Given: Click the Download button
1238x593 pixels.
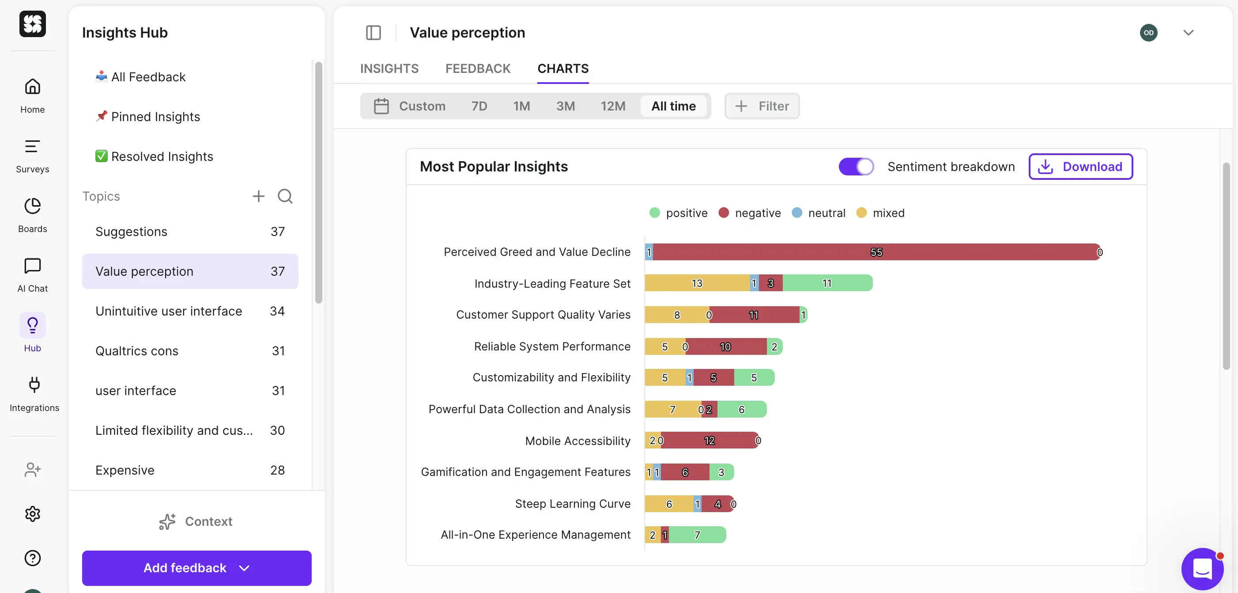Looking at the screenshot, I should click(1080, 167).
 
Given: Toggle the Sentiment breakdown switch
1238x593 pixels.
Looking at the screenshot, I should click(856, 167).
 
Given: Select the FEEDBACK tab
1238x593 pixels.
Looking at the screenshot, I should click(478, 68).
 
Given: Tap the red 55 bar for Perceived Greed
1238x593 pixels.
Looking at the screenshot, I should click(876, 252).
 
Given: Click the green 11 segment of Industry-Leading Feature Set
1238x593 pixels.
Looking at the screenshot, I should click(827, 283).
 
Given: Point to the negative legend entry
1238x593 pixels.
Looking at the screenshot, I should click(750, 213).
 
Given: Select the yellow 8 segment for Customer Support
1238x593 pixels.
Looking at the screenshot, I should click(677, 315).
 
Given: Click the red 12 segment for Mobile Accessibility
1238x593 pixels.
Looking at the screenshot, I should click(709, 441).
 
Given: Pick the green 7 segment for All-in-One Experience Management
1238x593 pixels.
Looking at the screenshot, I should click(697, 535).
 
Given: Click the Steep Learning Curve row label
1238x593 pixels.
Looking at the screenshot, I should click(572, 504).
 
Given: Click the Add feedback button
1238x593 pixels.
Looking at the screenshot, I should click(196, 568).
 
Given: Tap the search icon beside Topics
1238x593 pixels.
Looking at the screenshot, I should click(285, 196).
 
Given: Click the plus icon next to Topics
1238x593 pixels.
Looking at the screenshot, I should click(259, 196).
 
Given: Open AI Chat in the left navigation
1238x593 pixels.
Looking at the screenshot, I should click(32, 274).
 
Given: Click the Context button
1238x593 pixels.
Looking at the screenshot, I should click(196, 521).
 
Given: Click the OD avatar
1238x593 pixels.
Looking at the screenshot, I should click(1148, 33).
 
